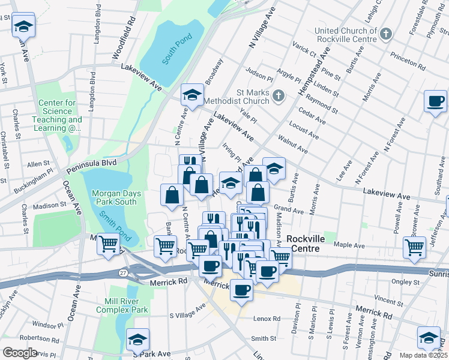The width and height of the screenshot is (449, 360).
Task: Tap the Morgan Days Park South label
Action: pyautogui.click(x=116, y=197)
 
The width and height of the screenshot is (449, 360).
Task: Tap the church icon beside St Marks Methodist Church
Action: pyautogui.click(x=278, y=95)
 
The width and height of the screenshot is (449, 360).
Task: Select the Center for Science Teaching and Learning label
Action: pyautogui.click(x=58, y=115)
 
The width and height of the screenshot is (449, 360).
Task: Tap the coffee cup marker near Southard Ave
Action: pyautogui.click(x=435, y=101)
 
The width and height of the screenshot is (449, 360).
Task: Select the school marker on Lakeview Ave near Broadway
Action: pyautogui.click(x=192, y=95)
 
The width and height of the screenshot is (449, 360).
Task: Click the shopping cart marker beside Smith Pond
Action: pyautogui.click(x=108, y=244)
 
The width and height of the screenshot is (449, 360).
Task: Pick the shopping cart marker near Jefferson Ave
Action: pyautogui.click(x=414, y=245)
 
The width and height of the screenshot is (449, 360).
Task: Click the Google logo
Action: pyautogui.click(x=19, y=352)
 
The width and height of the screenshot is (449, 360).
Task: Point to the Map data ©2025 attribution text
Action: pyautogui.click(x=423, y=355)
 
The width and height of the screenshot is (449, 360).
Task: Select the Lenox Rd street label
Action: pyautogui.click(x=267, y=319)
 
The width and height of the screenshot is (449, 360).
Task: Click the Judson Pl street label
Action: pyautogui.click(x=259, y=76)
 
